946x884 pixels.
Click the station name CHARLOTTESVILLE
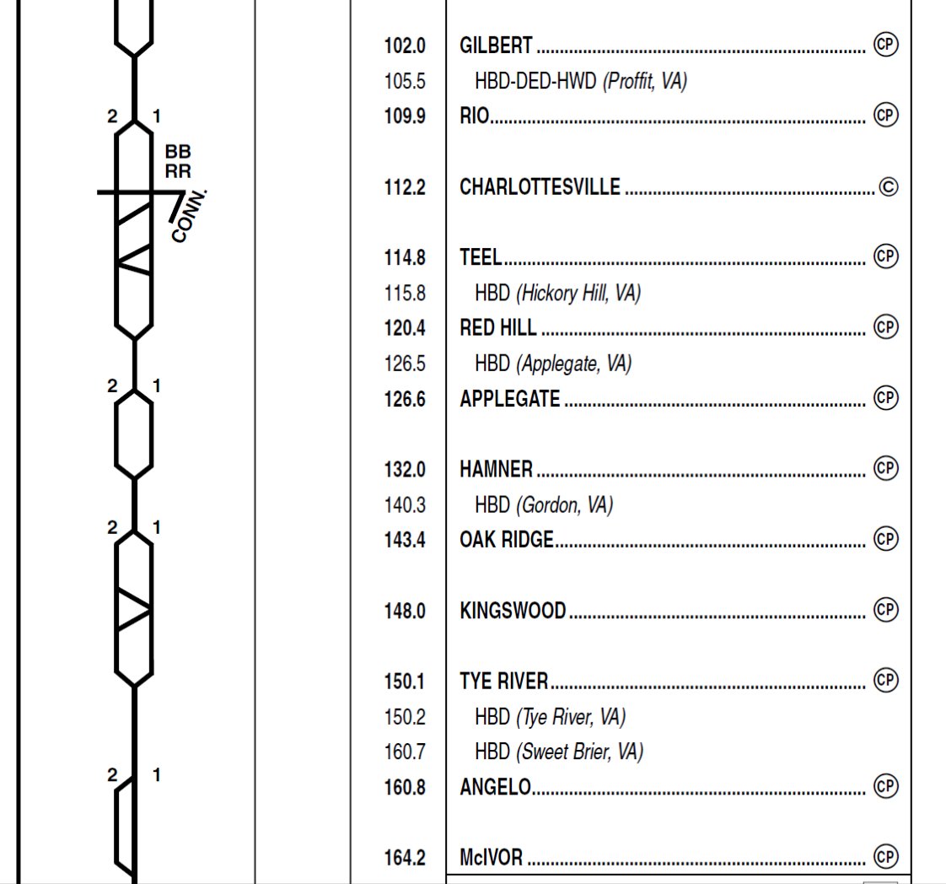click(x=540, y=186)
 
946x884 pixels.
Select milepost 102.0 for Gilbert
click(x=405, y=46)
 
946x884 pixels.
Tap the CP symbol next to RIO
click(x=884, y=115)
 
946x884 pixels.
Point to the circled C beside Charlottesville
click(x=888, y=186)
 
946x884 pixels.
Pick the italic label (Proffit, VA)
click(x=645, y=81)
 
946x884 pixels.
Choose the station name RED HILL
click(x=497, y=327)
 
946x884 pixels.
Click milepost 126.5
click(x=405, y=364)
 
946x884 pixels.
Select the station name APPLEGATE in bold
click(x=509, y=398)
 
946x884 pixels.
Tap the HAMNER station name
click(x=496, y=469)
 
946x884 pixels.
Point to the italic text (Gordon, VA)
click(x=564, y=505)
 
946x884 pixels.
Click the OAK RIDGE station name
click(x=507, y=540)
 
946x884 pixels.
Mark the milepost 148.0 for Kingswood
click(x=405, y=611)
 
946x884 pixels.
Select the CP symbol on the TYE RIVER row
click(x=884, y=679)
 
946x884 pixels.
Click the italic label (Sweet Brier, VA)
click(x=579, y=752)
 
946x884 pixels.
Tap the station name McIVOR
click(x=491, y=858)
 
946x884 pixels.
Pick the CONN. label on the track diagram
click(x=189, y=216)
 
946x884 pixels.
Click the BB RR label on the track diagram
click(x=178, y=161)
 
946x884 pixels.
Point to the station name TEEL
click(x=480, y=256)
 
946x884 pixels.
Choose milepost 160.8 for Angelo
click(x=405, y=787)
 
